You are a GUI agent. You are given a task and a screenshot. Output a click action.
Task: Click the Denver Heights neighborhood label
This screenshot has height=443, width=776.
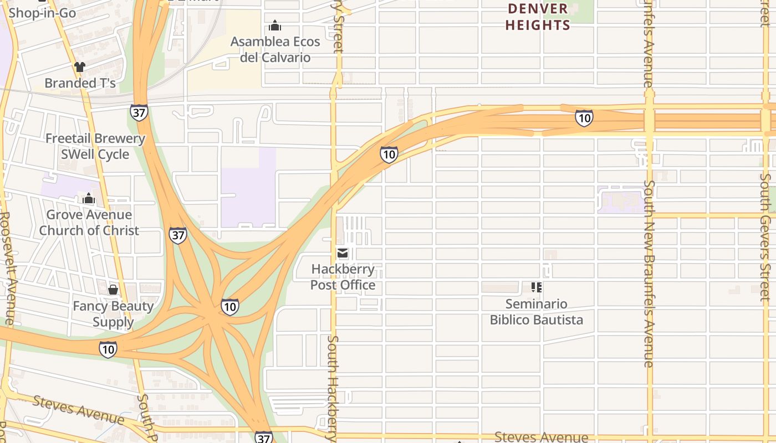coord(538,17)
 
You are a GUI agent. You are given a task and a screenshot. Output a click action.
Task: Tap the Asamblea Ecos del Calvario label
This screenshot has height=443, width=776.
coord(275,49)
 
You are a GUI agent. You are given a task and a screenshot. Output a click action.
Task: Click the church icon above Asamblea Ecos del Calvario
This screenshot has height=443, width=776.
coord(275,25)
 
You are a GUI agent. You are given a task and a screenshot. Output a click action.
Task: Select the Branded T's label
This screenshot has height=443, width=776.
coord(80,83)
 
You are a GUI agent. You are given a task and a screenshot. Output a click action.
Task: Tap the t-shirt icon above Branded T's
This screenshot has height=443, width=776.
coord(80,67)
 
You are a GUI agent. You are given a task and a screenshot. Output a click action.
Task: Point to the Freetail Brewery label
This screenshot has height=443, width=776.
coord(95,138)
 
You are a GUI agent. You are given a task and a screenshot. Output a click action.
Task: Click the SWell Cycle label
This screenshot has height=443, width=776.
coord(95,154)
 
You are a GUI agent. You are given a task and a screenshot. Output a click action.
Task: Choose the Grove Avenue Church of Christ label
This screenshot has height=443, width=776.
coord(89,223)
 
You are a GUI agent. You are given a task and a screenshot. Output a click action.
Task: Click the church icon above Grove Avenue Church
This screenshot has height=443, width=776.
coord(89,198)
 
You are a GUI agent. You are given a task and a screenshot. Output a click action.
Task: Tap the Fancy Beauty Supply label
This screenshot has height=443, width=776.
coord(113,314)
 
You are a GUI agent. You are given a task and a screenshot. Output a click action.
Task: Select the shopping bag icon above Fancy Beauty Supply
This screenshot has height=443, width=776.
coord(113,289)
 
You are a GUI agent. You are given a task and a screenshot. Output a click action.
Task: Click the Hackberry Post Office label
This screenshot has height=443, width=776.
coord(343,277)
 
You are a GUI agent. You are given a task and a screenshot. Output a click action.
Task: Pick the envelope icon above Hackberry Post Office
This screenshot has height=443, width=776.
coord(343,254)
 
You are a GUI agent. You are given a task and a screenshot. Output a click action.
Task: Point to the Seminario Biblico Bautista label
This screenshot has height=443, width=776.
coord(536,312)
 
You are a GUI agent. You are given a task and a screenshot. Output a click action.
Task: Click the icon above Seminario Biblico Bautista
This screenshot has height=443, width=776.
coord(537,287)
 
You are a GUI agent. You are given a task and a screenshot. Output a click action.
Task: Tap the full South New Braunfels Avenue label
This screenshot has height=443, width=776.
coord(649,274)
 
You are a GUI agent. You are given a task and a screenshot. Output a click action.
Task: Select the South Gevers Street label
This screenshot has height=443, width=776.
coord(765,237)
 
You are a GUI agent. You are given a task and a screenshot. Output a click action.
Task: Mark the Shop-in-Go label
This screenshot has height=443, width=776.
coord(42,13)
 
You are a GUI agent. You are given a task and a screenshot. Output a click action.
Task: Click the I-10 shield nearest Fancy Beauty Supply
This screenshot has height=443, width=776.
coord(108,349)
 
